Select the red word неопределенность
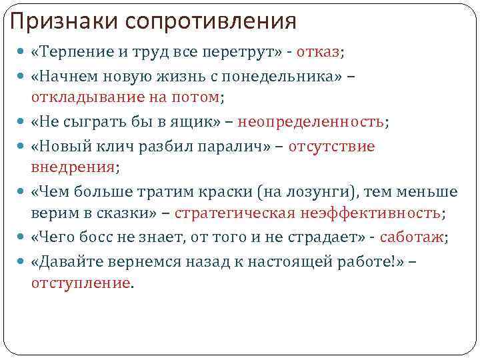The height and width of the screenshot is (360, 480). click(x=310, y=121)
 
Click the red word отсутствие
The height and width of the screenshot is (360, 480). click(x=331, y=146)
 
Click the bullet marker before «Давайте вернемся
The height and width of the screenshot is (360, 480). click(x=24, y=262)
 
